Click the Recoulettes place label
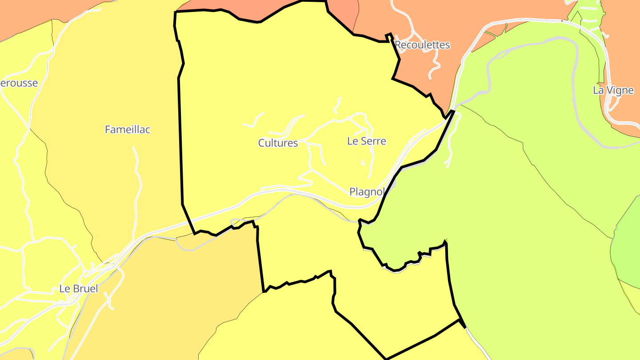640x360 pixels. (x=422, y=45)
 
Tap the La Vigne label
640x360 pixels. (x=613, y=90)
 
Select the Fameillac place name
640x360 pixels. (x=128, y=129)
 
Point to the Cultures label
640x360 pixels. (x=278, y=143)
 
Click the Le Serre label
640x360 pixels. (x=367, y=141)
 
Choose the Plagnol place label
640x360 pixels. (x=367, y=192)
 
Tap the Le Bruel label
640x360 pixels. (x=79, y=288)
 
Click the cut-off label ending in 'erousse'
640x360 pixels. (x=19, y=83)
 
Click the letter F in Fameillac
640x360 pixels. (x=108, y=129)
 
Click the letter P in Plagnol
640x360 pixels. (x=352, y=192)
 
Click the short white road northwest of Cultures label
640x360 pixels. (x=254, y=121)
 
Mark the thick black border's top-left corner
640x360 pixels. (x=175, y=12)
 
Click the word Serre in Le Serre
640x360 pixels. (x=373, y=141)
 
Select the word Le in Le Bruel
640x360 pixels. (x=64, y=288)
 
